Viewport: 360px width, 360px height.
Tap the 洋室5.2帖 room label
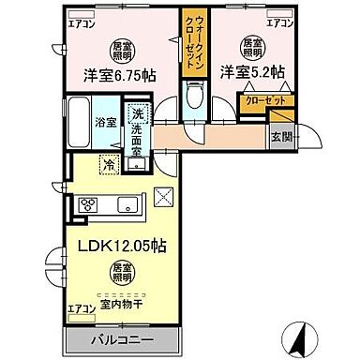pyautogui.click(x=252, y=70)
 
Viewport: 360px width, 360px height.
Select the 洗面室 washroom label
pyautogui.click(x=137, y=138)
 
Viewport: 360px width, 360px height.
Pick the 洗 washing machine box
pyautogui.click(x=137, y=113)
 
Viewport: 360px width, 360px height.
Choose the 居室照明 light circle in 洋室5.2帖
pyautogui.click(x=252, y=45)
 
